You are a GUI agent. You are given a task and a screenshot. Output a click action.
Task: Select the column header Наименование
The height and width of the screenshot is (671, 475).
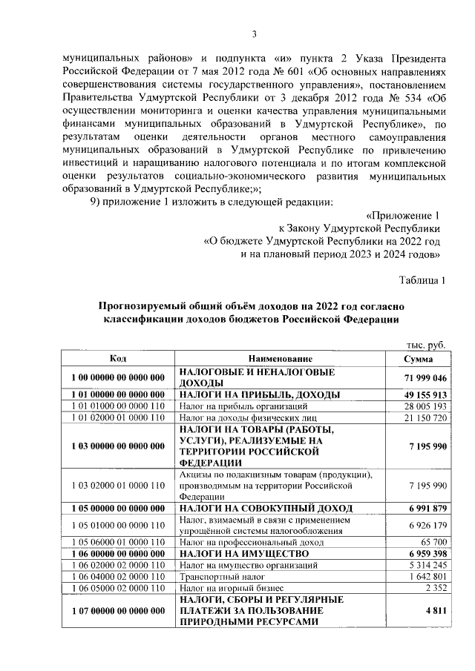[x=281, y=358]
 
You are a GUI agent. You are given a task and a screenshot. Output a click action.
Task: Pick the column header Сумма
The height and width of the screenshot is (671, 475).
[x=418, y=358]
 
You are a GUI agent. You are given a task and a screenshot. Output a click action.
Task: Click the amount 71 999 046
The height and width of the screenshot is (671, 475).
[x=422, y=377]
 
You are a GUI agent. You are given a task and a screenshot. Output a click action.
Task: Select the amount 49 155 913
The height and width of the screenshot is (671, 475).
[x=422, y=394]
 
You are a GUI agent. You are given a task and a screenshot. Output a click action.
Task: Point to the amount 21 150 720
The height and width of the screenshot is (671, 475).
[x=423, y=418]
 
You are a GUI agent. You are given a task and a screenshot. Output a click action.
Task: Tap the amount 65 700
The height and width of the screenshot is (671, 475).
[x=430, y=543]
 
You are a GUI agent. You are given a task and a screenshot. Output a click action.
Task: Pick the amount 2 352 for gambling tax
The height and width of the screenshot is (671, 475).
[x=433, y=589]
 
